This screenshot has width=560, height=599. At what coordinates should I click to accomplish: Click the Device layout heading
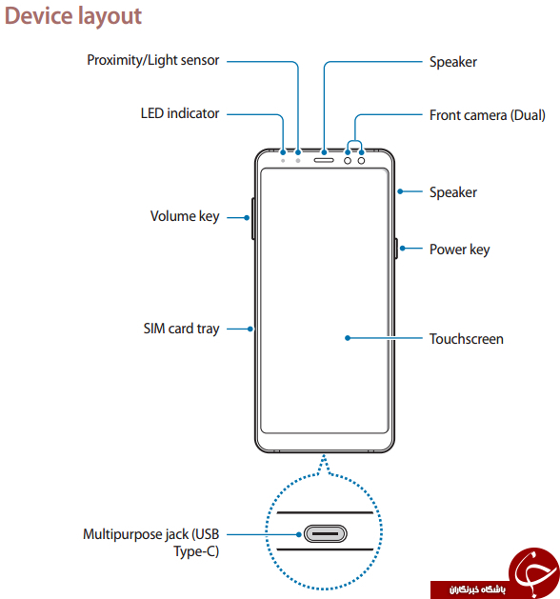(x=73, y=16)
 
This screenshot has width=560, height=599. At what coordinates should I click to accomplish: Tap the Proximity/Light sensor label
(x=152, y=60)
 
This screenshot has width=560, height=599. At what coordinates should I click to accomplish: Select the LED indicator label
(x=180, y=113)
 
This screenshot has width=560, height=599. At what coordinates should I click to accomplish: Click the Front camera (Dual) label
(x=487, y=115)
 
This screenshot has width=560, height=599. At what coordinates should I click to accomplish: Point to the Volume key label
(x=185, y=216)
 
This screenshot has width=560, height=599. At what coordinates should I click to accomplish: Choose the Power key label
(x=460, y=250)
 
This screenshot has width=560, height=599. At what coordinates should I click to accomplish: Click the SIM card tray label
(x=182, y=329)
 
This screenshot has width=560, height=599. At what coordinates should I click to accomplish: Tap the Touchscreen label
(x=467, y=339)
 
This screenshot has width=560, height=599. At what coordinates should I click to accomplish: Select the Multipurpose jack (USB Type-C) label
(x=150, y=543)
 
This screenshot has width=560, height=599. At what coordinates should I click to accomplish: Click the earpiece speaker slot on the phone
(x=324, y=160)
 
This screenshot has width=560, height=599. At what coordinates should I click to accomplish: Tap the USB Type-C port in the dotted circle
(x=325, y=533)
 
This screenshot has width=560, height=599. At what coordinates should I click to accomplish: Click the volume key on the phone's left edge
(x=253, y=219)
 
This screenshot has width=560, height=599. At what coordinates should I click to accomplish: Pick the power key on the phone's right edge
(x=396, y=249)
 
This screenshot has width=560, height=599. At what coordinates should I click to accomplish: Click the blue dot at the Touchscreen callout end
(x=348, y=338)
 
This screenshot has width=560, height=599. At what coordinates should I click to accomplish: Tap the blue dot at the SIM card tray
(x=250, y=329)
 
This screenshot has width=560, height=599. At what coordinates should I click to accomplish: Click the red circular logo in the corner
(x=533, y=570)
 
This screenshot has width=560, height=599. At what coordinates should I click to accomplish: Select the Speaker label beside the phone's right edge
(x=453, y=192)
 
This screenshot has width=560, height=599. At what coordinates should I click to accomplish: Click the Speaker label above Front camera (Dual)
(x=453, y=62)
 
